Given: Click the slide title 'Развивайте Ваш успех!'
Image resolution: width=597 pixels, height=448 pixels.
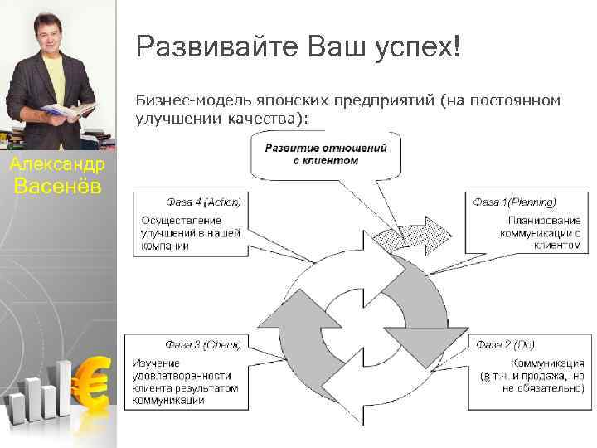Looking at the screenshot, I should [x=297, y=46].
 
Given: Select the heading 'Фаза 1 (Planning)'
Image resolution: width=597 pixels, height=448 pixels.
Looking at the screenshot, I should [x=514, y=202].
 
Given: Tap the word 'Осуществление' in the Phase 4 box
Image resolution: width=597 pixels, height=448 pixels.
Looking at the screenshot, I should [x=181, y=221].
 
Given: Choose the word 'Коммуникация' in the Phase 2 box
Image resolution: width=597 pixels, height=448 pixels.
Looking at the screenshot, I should [x=547, y=363].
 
